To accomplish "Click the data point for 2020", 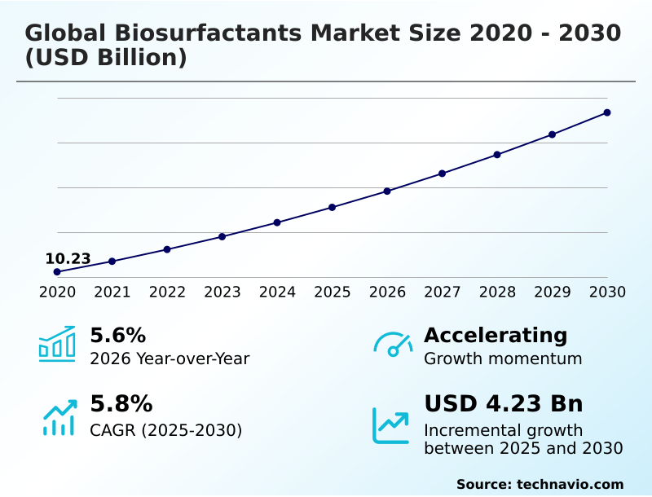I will [x=57, y=271].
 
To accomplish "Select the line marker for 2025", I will [x=333, y=207].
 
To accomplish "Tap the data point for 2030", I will [x=607, y=112].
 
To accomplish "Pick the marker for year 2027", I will [x=443, y=174].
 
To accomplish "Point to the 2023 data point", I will [x=222, y=236].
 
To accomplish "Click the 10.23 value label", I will [x=68, y=259].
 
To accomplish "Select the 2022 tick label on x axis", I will [x=167, y=292].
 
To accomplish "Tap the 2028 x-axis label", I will [x=497, y=292].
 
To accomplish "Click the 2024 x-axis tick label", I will [x=277, y=292].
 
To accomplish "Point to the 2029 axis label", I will [x=553, y=292].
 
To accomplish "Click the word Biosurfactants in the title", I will [x=210, y=33].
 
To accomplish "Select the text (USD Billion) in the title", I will [x=106, y=59].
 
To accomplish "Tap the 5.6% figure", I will [x=117, y=335].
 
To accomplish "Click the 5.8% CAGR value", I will [x=121, y=404].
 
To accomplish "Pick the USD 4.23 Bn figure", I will [x=504, y=404].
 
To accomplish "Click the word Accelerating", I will [x=496, y=335].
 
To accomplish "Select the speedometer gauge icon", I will [x=393, y=344].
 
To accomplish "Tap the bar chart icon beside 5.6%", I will [x=57, y=344].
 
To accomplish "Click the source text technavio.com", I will [x=570, y=484].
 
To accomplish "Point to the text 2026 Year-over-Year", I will [x=170, y=358].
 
